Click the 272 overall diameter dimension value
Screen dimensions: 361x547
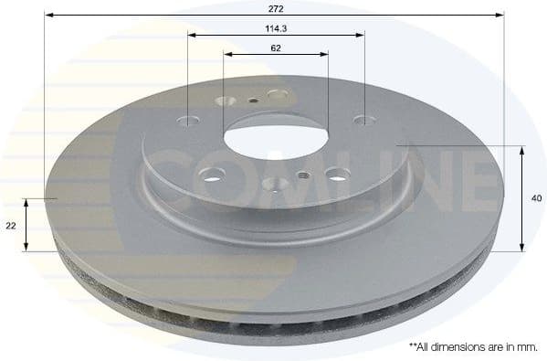tap(277, 8)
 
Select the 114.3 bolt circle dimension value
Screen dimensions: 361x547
tap(276, 28)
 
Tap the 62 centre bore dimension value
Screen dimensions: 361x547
tap(276, 48)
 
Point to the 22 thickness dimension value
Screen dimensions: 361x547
tap(11, 225)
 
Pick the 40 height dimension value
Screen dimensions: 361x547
tap(536, 197)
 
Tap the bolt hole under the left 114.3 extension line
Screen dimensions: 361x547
tap(191, 121)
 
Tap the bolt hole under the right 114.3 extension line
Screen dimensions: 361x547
tap(363, 119)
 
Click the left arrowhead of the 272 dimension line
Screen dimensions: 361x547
tap(51, 16)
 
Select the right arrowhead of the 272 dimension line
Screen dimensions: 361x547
tap(500, 16)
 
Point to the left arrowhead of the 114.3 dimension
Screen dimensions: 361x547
tap(193, 36)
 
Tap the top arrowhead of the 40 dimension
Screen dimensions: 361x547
tap(521, 149)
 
